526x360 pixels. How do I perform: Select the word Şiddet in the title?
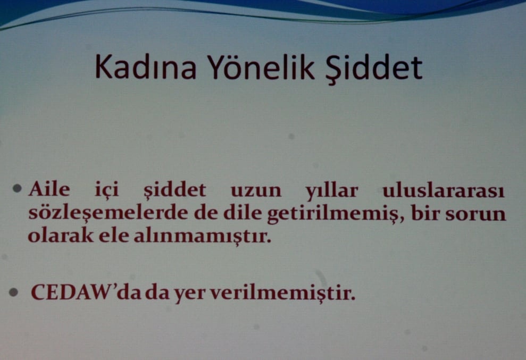click(375, 68)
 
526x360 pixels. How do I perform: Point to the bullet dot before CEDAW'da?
click(19, 293)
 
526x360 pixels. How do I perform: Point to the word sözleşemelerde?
click(99, 214)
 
